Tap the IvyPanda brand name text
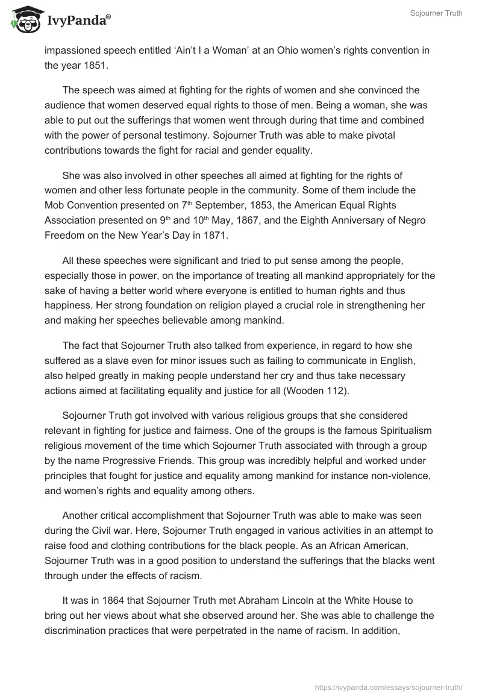point(75,21)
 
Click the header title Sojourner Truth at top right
point(438,14)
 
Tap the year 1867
point(255,220)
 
